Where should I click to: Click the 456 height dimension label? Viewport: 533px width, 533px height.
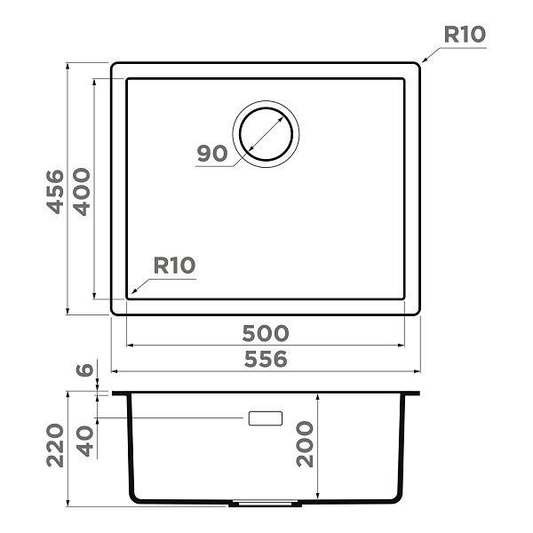(55, 192)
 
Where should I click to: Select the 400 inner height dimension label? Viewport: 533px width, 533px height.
(82, 192)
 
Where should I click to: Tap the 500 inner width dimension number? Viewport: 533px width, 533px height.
(266, 333)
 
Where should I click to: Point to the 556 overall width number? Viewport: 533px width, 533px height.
(266, 359)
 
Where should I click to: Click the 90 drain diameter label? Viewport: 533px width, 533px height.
(212, 154)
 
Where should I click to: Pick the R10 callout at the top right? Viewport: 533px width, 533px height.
(465, 35)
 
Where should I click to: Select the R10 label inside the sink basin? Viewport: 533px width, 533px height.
(174, 265)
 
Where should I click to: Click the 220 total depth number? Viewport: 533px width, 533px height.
(55, 445)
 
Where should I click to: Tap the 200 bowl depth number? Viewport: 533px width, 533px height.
(305, 443)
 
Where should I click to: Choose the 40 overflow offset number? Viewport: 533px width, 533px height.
(84, 441)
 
